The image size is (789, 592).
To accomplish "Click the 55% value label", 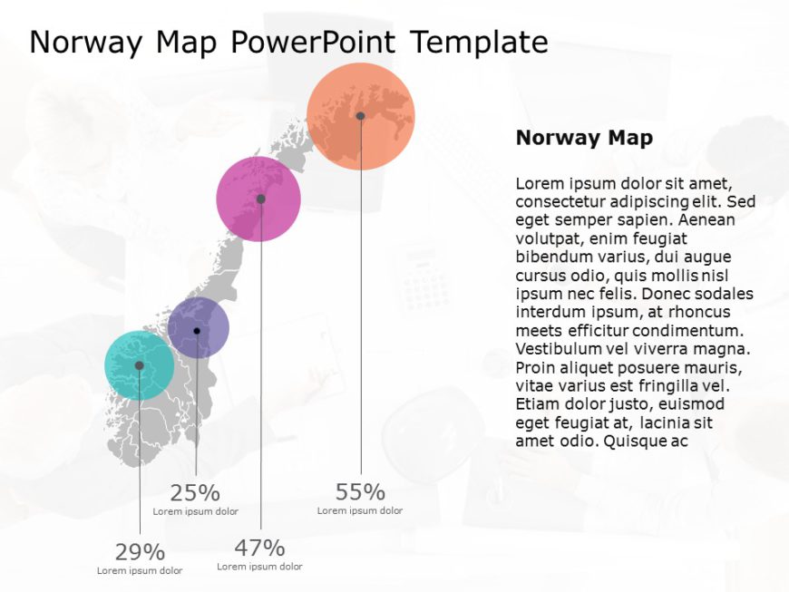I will click(360, 492).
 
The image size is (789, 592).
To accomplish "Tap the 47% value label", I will click(259, 548).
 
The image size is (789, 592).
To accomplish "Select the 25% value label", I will click(195, 493).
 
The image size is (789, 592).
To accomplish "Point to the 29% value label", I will click(140, 552).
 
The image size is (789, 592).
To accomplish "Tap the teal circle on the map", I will click(127, 376).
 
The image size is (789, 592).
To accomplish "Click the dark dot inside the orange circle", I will click(360, 116).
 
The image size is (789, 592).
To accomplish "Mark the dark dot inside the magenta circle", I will click(260, 199).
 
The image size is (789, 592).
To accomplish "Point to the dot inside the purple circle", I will click(197, 331).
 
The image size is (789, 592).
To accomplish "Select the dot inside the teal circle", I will click(139, 365).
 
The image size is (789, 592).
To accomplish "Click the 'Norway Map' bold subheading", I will click(584, 138).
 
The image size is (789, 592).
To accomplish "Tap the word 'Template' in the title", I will click(478, 42).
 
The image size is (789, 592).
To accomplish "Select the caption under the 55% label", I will click(360, 510).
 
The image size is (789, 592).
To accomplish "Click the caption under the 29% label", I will click(140, 570).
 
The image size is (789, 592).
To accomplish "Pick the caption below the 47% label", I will click(259, 566).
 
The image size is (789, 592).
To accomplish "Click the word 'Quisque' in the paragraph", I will click(630, 441).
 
